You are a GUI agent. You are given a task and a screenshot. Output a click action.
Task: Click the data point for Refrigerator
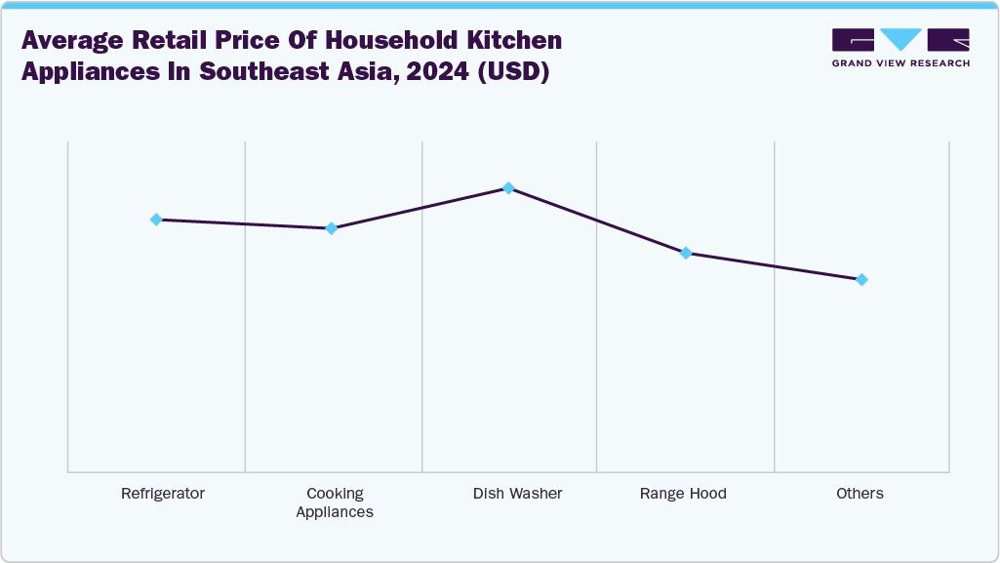tap(156, 220)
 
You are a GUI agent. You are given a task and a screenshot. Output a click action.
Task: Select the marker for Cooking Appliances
tap(332, 228)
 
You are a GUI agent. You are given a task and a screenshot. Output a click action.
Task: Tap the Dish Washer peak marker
tap(508, 187)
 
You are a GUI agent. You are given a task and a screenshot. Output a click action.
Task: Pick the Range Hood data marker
tap(685, 253)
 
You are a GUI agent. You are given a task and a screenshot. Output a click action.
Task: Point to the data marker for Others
tap(861, 280)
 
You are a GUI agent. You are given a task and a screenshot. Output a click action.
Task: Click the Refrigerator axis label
tap(163, 494)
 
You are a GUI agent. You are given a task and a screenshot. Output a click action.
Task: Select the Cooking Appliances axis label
tap(335, 503)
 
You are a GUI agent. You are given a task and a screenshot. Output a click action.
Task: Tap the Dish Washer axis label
tap(517, 494)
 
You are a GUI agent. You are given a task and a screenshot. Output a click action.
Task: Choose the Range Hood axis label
tap(683, 494)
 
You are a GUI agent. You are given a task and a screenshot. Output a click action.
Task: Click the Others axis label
tap(860, 494)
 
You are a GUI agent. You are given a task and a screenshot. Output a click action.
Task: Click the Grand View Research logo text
tap(900, 63)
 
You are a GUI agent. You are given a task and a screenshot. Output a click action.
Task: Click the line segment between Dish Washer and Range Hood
tap(596, 220)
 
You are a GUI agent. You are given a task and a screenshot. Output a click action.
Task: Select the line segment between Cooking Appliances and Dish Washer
tap(420, 208)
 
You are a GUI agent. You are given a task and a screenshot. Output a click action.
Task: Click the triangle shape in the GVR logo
tap(900, 39)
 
